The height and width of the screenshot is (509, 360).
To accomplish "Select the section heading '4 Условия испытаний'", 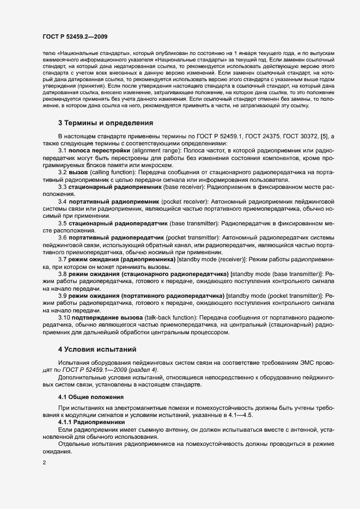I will pyautogui.click(x=97, y=348).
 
